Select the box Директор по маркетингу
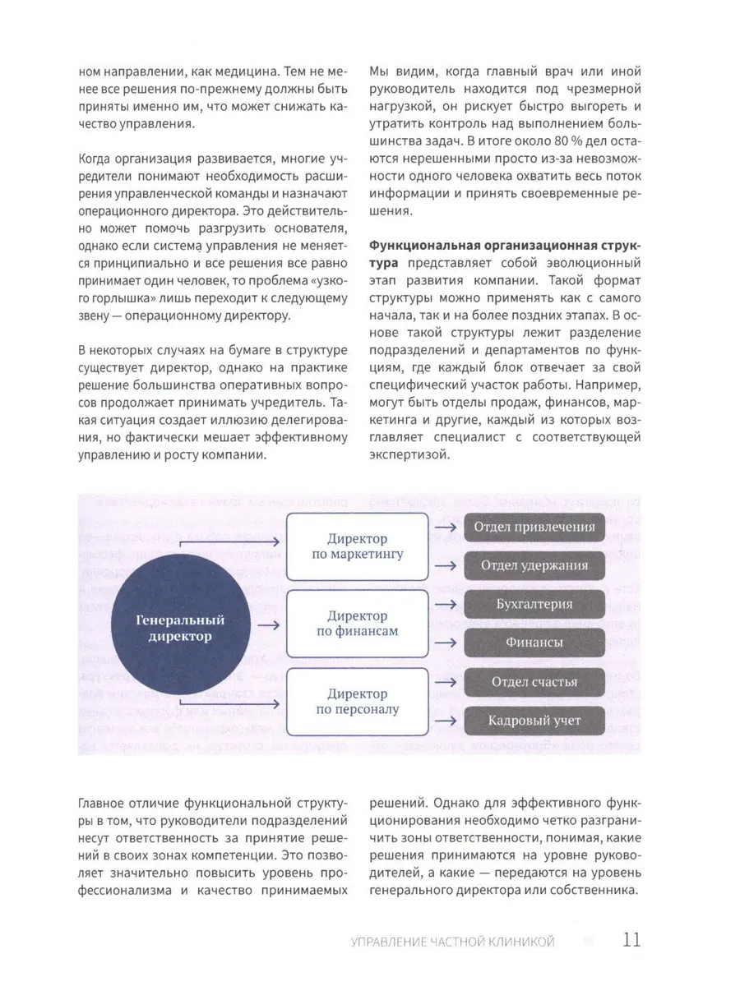click(x=357, y=546)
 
